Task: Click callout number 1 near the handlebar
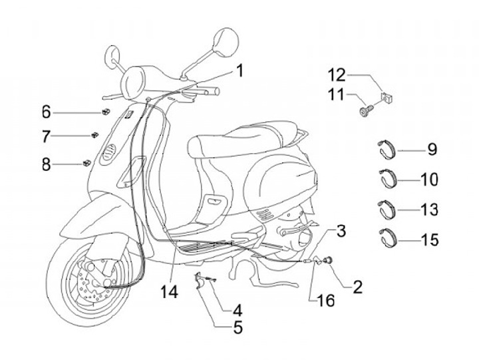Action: [x=238, y=69]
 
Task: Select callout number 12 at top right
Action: [x=337, y=73]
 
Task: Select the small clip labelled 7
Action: [x=95, y=135]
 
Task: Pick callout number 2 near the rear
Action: [x=357, y=287]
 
